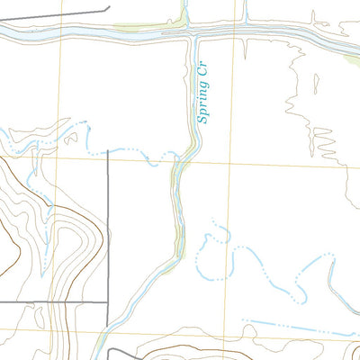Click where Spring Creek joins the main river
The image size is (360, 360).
pyautogui.click(x=190, y=34)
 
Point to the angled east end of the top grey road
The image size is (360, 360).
pyautogui.click(x=94, y=8)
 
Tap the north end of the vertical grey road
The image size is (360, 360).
pyautogui.click(x=108, y=151)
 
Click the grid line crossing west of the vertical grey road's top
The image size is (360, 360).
pyautogui.click(x=60, y=159)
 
